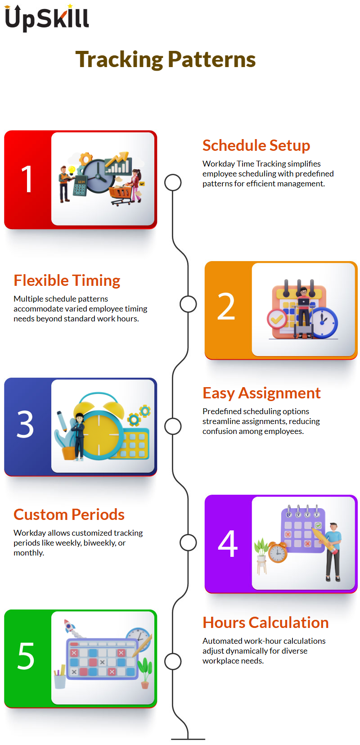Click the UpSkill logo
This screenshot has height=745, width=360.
47,18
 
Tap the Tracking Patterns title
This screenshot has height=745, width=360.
166,59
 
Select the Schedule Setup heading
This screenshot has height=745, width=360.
256,146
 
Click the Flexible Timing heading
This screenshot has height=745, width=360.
67,281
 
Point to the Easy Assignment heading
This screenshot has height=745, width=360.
261,393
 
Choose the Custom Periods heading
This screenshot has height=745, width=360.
69,515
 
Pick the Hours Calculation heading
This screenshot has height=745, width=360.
265,623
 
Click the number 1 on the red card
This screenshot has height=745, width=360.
27,179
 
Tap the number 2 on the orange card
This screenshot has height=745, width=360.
226,306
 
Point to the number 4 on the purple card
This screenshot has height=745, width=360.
228,543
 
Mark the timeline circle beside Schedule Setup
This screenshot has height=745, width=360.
173,183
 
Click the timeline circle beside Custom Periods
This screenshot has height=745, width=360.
188,542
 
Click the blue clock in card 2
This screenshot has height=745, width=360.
324,323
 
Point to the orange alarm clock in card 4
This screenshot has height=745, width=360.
278,552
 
